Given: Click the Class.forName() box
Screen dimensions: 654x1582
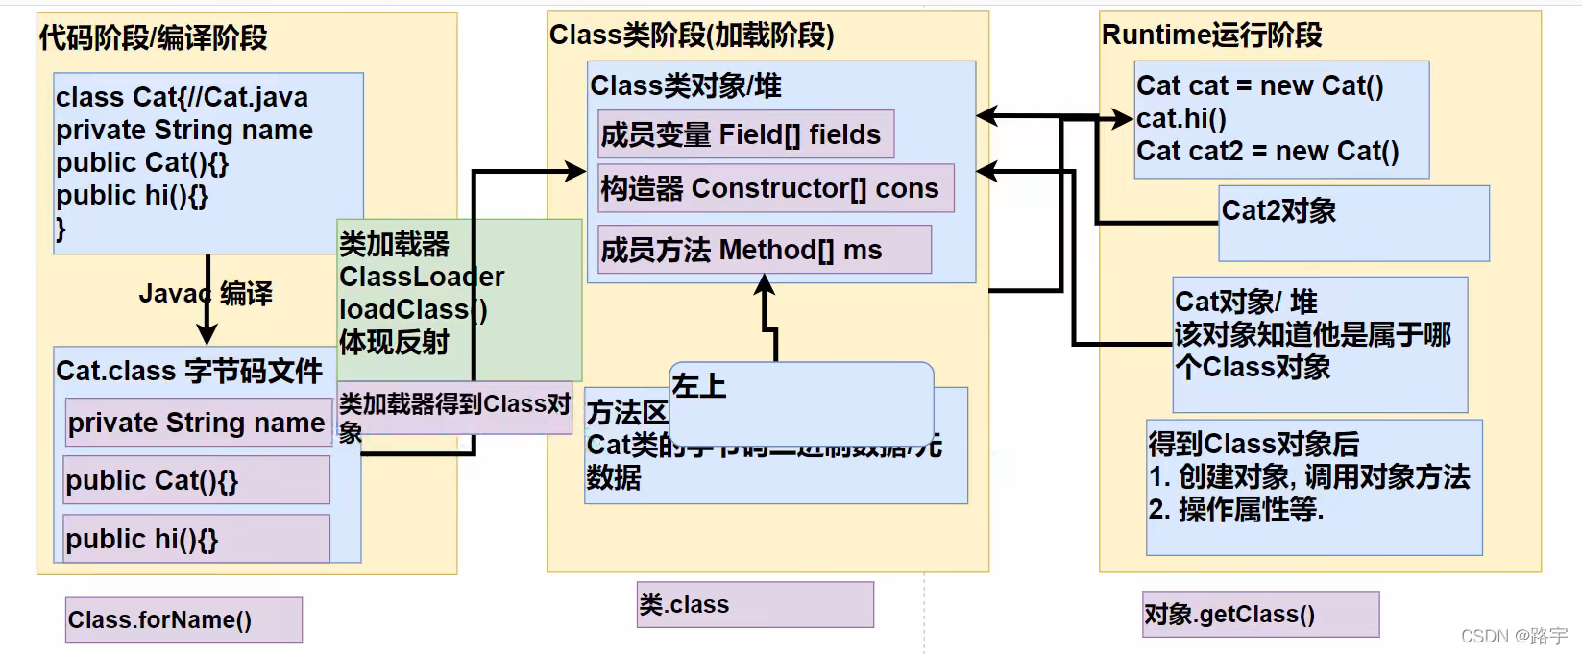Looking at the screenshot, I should point(183,620).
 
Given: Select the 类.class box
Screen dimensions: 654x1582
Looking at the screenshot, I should point(755,604).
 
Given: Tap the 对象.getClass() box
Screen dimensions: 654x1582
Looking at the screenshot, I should point(1260,614).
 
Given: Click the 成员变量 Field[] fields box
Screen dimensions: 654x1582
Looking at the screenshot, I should point(745,134).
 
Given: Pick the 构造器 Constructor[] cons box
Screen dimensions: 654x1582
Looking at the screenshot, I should point(775,188).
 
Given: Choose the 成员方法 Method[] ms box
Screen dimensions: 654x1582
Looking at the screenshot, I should point(764,250).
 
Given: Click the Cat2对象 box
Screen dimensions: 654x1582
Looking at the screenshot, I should point(1352,224).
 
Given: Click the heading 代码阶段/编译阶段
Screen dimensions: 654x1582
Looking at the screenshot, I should point(153,38).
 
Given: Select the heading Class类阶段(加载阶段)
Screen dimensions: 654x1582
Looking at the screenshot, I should point(692,36).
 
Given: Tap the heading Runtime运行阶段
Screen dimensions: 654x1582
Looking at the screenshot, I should point(1211,36).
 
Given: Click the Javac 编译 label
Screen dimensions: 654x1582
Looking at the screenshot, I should point(206,293).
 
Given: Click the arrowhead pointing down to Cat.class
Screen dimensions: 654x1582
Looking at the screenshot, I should point(207,335).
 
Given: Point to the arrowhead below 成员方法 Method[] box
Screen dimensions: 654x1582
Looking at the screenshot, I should point(765,284).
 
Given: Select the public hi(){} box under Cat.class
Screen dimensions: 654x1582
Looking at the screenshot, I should point(197,539).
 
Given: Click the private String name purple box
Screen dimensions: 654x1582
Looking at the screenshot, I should point(198,423).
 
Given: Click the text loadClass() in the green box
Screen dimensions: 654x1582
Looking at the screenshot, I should point(413,309).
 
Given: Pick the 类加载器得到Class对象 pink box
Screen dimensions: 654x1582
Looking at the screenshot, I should point(454,408).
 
